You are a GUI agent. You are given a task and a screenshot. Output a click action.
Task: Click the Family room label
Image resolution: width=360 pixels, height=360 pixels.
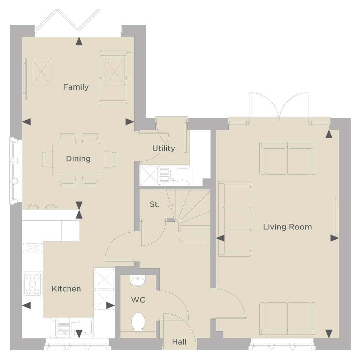click(76, 87)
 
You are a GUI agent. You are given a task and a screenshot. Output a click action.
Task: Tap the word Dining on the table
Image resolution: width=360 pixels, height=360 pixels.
click(78, 159)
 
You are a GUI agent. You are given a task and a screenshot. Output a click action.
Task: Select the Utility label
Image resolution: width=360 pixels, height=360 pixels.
click(164, 148)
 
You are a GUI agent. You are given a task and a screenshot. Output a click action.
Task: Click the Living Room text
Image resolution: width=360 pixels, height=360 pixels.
click(287, 227)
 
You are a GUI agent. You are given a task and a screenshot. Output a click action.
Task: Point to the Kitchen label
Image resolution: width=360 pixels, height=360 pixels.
click(66, 289)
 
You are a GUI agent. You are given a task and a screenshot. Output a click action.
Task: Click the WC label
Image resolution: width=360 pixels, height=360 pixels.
click(138, 300)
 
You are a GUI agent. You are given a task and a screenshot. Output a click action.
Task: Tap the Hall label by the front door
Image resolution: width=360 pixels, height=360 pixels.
click(179, 342)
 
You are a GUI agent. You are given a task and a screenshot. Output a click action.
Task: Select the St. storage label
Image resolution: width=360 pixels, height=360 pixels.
click(155, 204)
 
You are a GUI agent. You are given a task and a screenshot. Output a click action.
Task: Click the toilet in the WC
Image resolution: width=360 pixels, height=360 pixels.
click(138, 321)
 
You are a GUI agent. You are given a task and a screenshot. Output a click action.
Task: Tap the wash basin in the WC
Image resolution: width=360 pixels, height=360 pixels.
click(138, 280)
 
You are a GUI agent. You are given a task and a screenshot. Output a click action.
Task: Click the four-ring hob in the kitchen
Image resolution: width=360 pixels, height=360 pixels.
click(32, 284)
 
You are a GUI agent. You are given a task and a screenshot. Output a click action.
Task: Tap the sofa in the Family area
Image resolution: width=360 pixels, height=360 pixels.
click(116, 78)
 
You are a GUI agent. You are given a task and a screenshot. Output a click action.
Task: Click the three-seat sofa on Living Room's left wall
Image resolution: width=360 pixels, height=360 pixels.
click(234, 219)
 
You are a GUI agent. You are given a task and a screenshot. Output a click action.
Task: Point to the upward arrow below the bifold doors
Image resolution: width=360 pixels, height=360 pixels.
click(79, 41)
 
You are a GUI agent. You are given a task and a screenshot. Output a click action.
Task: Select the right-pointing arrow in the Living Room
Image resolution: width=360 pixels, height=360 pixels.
click(334, 238)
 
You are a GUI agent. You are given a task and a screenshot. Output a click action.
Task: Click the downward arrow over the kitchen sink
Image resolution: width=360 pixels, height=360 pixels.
click(79, 334)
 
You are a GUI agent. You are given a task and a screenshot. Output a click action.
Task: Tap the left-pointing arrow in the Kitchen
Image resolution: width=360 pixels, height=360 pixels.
click(26, 306)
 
